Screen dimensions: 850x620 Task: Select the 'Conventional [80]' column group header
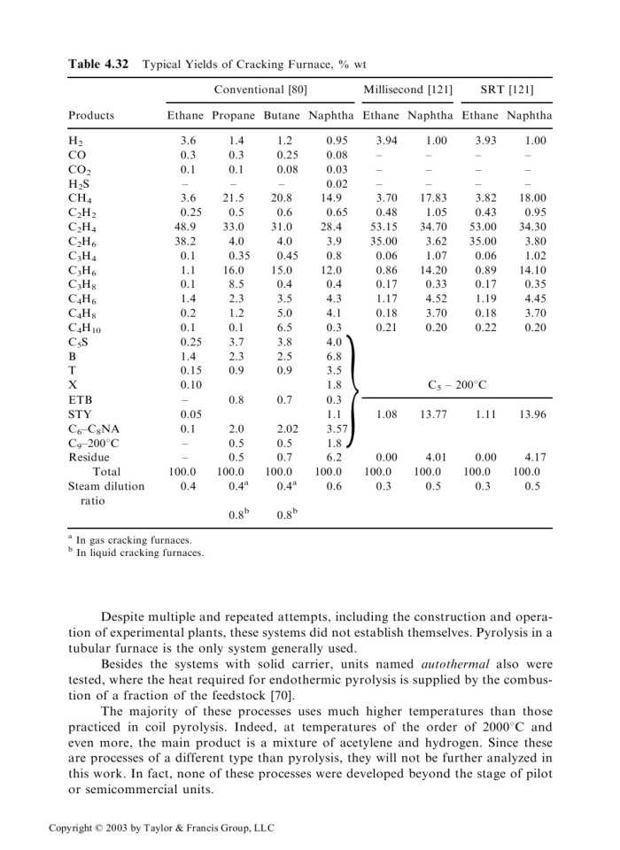[x=260, y=90]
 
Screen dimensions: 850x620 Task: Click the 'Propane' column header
[x=234, y=115]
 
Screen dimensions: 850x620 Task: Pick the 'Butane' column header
[x=283, y=115]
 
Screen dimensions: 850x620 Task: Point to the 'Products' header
[x=91, y=115]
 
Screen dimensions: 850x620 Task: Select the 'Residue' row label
[x=89, y=457]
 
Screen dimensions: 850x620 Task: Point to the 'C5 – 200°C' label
[x=457, y=384]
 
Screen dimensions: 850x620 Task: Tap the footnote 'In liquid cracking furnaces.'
[x=140, y=553]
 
